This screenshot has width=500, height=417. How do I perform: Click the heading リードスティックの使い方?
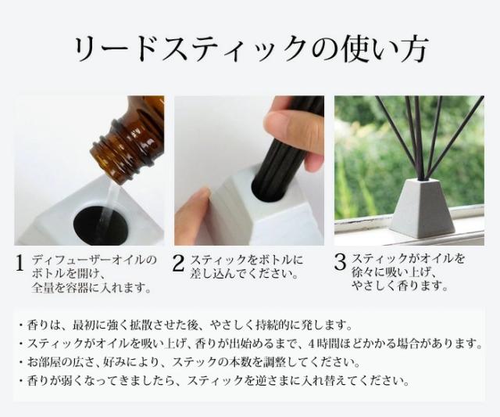pyautogui.click(x=249, y=48)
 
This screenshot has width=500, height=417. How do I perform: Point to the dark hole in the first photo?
pyautogui.click(x=102, y=222)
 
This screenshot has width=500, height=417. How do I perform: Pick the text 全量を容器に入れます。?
pyautogui.click(x=91, y=288)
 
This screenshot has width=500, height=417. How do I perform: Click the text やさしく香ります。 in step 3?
pyautogui.click(x=400, y=286)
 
